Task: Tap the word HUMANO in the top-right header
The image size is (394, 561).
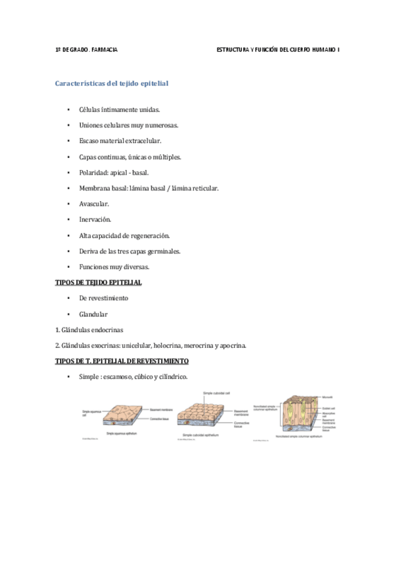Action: point(319,50)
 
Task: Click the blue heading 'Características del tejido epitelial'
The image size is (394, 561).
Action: point(111,84)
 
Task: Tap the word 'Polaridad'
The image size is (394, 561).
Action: point(94,173)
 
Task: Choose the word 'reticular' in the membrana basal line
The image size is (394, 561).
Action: point(204,189)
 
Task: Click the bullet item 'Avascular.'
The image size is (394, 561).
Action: point(94,204)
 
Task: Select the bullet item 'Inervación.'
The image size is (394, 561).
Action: point(95,220)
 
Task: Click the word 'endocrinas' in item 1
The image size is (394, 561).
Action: point(106,329)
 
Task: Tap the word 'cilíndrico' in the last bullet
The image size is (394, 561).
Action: point(173,377)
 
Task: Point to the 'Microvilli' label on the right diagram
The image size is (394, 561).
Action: point(327,398)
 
